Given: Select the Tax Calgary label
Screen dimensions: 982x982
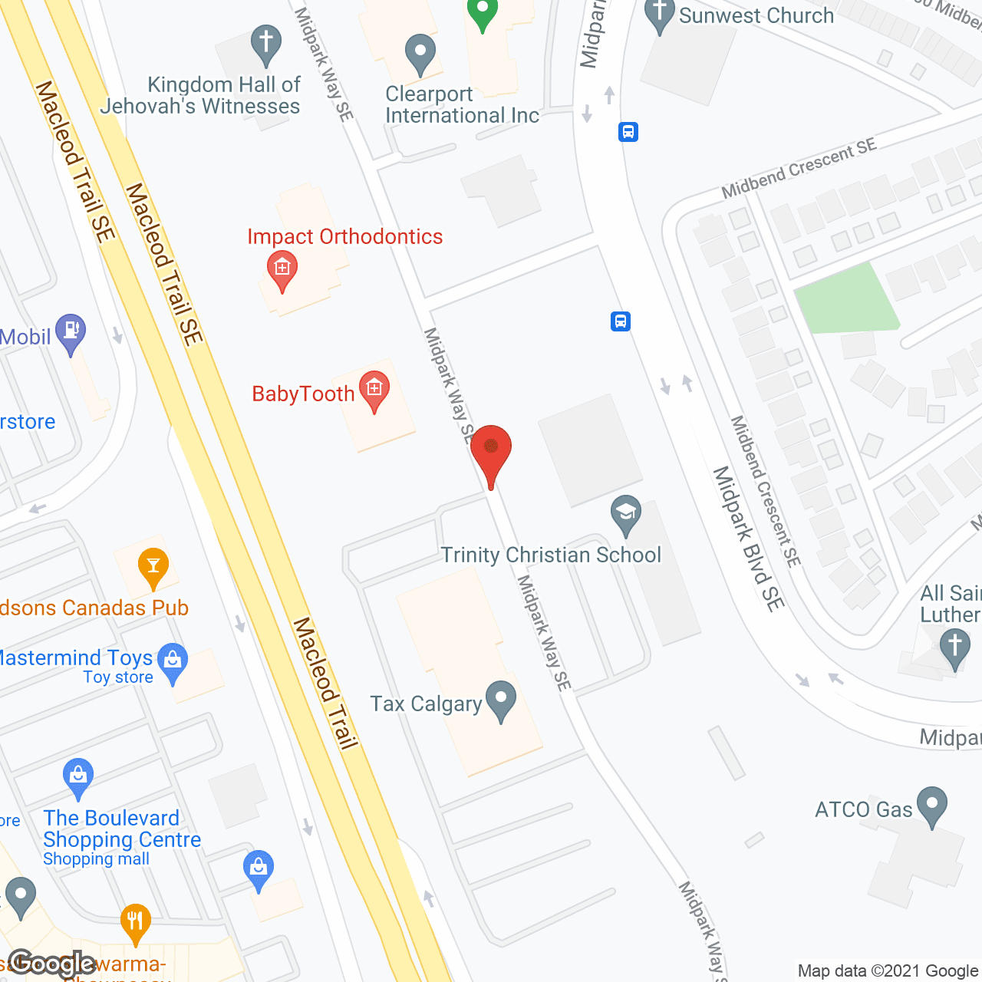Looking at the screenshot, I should click(x=426, y=704).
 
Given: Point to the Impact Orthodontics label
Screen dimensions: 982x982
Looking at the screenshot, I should click(x=344, y=237).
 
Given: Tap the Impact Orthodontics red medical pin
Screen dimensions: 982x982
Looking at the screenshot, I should click(x=282, y=270).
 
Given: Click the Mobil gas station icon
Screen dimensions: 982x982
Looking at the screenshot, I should click(x=71, y=333).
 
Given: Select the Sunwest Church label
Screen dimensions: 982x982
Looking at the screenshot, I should click(x=756, y=15).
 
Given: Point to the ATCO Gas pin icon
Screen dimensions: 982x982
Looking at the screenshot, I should click(x=932, y=806).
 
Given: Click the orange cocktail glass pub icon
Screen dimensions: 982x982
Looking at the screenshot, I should click(x=153, y=568).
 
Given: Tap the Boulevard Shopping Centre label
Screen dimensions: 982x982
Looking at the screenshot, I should click(x=121, y=829).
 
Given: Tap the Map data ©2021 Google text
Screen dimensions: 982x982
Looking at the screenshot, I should click(x=888, y=971).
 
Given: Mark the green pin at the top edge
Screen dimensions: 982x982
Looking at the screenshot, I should click(x=483, y=13).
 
